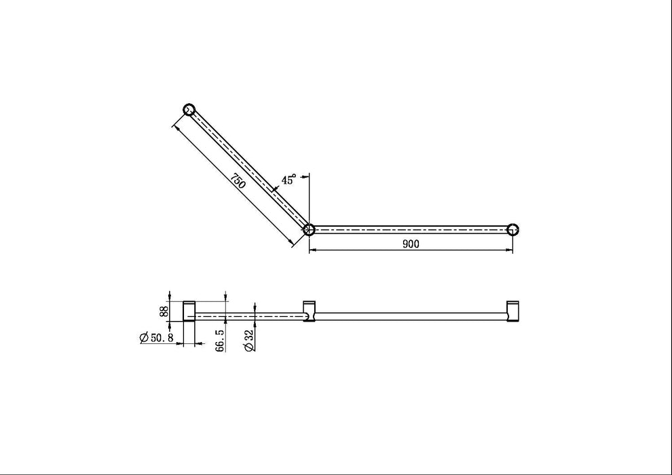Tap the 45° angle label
[288, 180]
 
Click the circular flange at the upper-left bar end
[189, 109]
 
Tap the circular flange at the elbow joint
[309, 229]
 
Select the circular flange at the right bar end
[513, 229]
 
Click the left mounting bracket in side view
[189, 311]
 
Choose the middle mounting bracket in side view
[310, 311]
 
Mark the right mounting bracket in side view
[513, 311]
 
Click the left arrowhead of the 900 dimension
[312, 251]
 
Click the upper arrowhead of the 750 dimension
[176, 126]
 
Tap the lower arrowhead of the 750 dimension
[293, 242]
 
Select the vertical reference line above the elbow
[310, 197]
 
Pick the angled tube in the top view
[249, 170]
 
